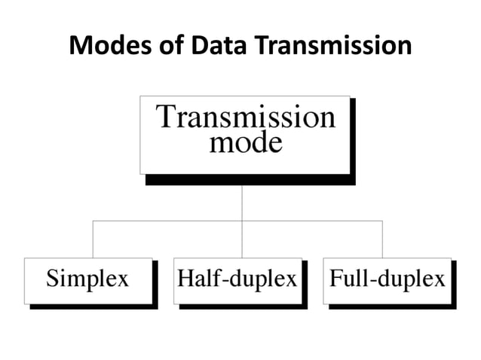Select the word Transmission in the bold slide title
(332, 47)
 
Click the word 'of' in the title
(161, 47)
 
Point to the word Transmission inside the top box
(245, 117)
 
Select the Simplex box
(88, 279)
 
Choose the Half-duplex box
(237, 279)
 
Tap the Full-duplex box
(388, 279)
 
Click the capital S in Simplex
(53, 279)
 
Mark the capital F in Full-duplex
(337, 279)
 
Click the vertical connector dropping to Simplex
(93, 239)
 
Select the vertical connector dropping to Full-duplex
(382, 239)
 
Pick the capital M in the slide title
(78, 47)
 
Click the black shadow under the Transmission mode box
(249, 179)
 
